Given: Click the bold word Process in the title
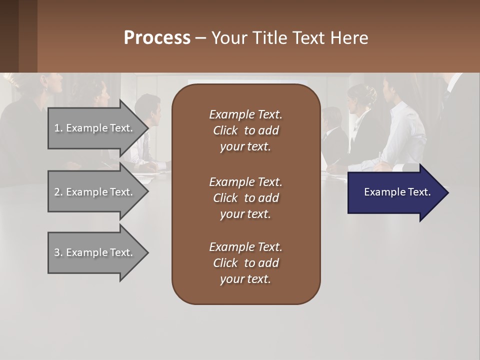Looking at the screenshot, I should (157, 38).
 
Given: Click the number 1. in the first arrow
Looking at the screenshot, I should (58, 128).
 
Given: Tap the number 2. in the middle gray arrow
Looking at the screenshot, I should (58, 192).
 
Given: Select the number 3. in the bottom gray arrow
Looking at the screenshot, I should (58, 252).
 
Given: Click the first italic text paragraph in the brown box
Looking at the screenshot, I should (245, 130).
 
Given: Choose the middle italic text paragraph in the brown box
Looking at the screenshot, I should (245, 198).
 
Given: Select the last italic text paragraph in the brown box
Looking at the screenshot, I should (245, 263).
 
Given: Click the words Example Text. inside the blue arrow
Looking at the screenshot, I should (397, 192).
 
